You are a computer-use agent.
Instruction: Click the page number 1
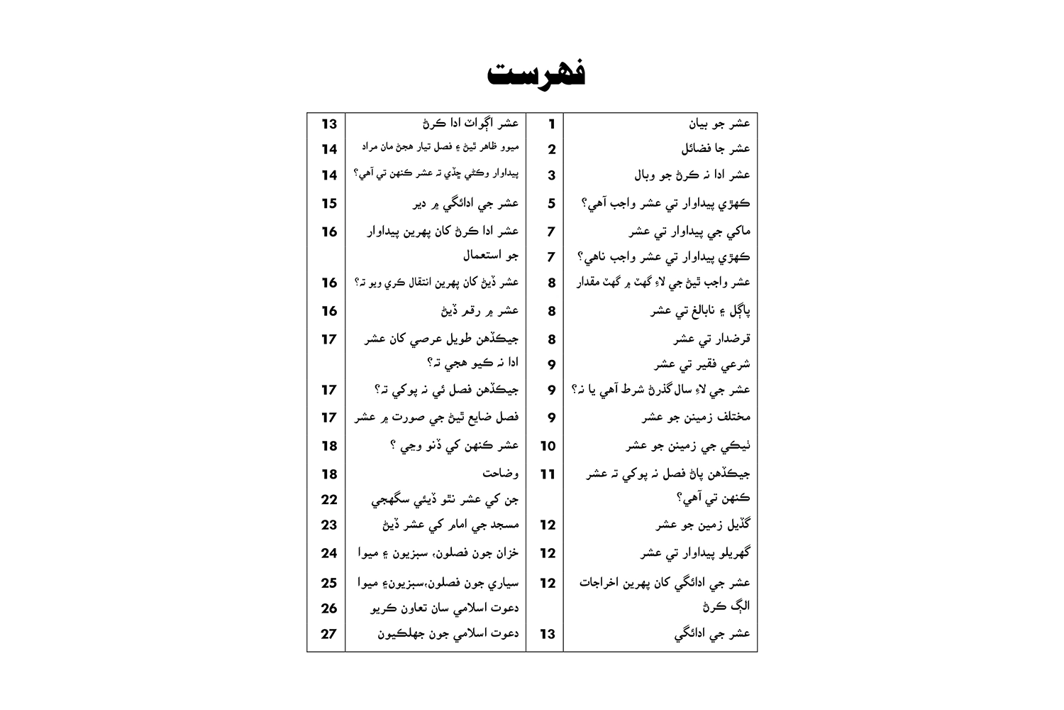click(551, 124)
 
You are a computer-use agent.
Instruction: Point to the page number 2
click(551, 150)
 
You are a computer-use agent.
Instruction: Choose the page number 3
click(551, 175)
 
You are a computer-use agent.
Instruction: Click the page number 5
click(551, 204)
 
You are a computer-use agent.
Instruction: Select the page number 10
click(548, 446)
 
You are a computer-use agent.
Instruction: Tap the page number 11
click(548, 474)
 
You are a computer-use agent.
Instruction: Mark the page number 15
click(329, 204)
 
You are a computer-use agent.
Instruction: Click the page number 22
click(329, 499)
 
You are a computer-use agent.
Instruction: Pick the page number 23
click(329, 525)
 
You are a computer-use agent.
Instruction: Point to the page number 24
click(329, 553)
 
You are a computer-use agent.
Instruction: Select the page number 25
click(329, 583)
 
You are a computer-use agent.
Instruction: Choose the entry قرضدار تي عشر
click(711, 339)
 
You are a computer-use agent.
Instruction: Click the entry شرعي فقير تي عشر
click(702, 365)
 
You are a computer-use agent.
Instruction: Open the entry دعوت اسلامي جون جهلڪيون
click(448, 633)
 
